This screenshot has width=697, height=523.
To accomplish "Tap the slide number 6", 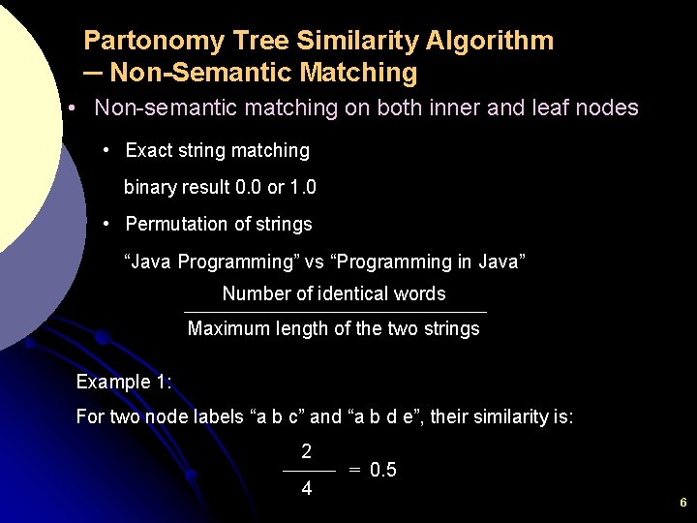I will click(x=682, y=503).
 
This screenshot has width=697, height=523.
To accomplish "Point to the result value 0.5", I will click(x=383, y=471).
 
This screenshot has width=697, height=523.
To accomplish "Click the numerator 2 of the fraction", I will click(x=307, y=451).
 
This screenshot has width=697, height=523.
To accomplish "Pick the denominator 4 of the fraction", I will click(x=307, y=489).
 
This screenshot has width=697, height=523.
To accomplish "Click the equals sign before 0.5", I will click(x=355, y=471).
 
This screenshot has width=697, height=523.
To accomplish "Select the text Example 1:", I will click(x=124, y=382).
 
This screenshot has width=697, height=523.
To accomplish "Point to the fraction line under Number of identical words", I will click(x=335, y=312).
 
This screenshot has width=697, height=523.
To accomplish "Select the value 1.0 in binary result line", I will click(x=302, y=187).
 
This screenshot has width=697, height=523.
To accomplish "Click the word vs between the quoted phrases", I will click(x=315, y=261).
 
